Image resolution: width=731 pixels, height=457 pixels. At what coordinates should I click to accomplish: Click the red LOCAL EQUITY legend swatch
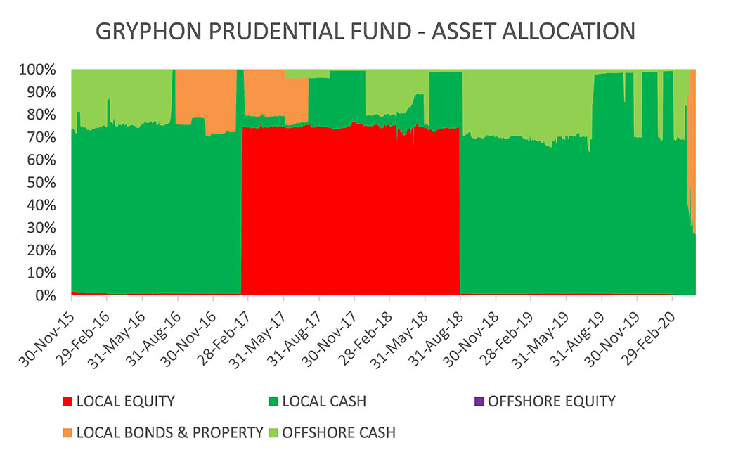pos(67,401)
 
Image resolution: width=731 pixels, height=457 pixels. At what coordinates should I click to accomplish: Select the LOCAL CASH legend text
pos(324,401)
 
